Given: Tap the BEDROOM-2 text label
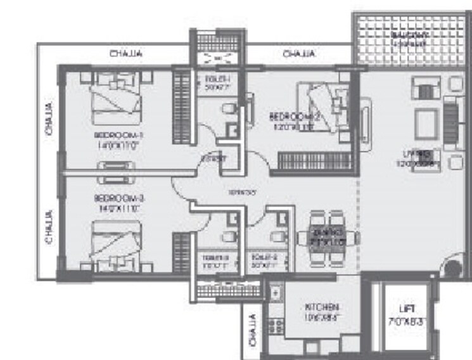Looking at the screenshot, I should (292, 117).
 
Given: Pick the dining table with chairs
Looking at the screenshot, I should (324, 237).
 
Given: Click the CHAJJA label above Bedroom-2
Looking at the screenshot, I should (296, 54).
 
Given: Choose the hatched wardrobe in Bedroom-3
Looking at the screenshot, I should (182, 250).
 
